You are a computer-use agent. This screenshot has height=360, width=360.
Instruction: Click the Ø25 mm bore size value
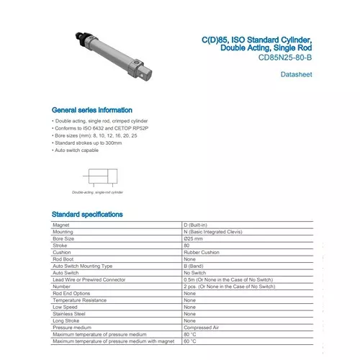click(x=194, y=239)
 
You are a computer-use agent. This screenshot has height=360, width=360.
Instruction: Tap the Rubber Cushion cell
click(x=203, y=253)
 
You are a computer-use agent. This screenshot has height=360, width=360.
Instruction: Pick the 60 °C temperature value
click(x=191, y=341)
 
